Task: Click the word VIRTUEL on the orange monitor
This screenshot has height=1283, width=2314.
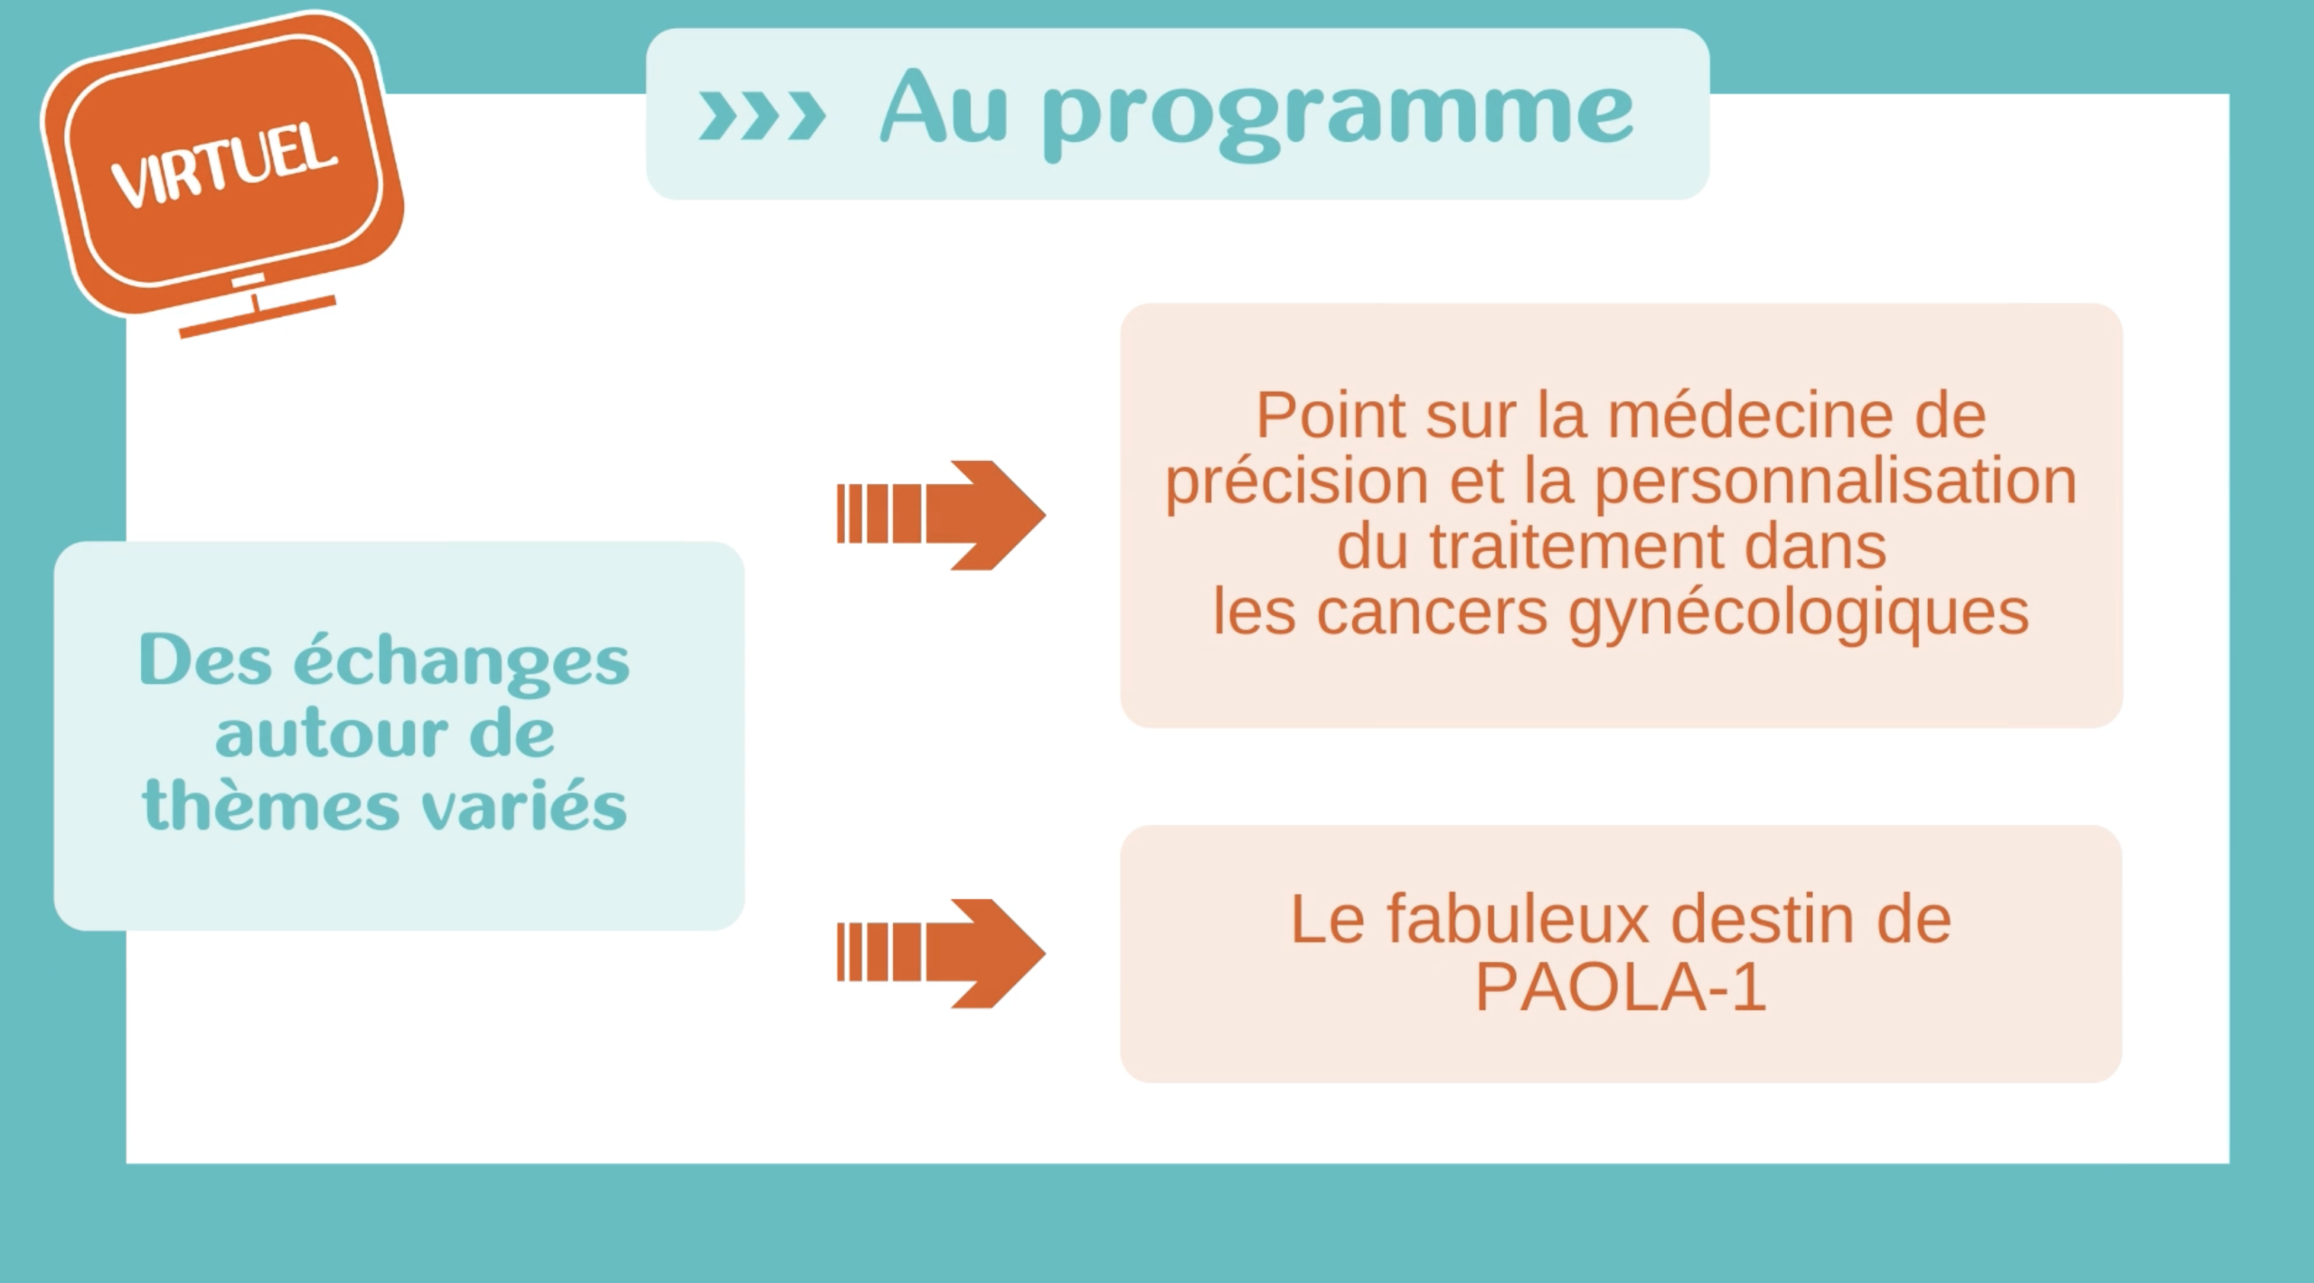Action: [x=224, y=165]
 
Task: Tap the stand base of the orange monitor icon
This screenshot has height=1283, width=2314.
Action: [x=258, y=317]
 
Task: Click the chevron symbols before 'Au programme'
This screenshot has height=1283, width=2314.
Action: [x=762, y=115]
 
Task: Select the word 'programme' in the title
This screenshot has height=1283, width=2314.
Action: [x=1338, y=116]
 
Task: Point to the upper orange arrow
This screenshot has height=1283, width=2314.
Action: [x=941, y=515]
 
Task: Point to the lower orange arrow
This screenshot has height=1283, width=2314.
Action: [x=941, y=953]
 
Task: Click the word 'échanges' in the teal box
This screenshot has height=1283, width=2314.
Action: [x=461, y=661]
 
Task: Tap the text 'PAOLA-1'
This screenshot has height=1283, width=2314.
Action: [x=1621, y=988]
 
